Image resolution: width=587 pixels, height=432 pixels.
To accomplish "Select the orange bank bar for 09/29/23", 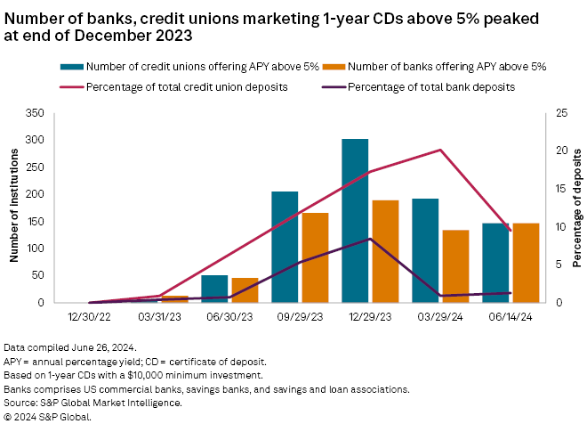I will [316, 257].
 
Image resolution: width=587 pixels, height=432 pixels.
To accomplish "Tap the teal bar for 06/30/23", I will [214, 289].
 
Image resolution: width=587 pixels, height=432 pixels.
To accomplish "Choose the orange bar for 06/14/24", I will [526, 263].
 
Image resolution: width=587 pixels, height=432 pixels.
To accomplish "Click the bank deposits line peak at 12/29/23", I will [370, 239].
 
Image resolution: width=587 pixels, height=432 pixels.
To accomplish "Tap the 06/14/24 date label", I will [511, 315].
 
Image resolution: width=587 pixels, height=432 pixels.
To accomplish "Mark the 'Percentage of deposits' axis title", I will [576, 208].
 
